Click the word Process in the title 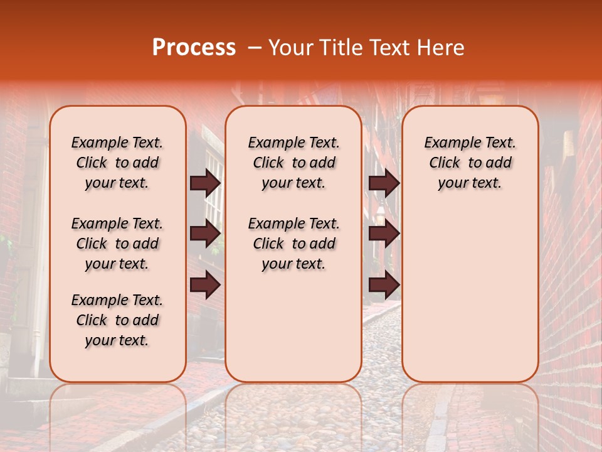coord(194,48)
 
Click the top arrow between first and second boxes coord(205,183)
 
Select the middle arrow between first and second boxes coord(205,234)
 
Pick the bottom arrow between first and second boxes coord(205,285)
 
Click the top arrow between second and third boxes coord(384,183)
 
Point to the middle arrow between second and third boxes coord(384,234)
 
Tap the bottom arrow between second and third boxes coord(384,285)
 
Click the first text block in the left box coord(117,163)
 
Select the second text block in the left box coord(117,244)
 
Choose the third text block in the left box coord(117,320)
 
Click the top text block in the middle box coord(293,163)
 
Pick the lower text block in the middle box coord(293,244)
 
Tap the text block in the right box coord(470,163)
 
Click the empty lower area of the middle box coord(293,326)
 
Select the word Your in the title coord(290,48)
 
